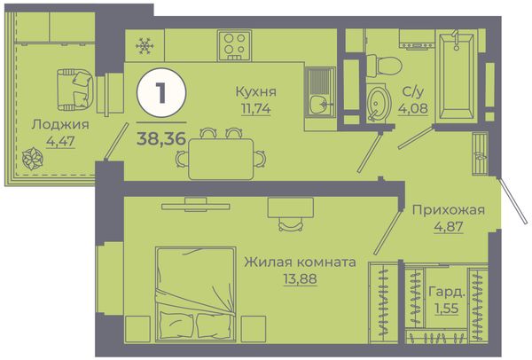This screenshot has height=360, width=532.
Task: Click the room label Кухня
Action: point(256,91)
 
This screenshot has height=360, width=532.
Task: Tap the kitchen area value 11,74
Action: point(256,108)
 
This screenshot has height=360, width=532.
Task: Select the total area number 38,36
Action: point(161,138)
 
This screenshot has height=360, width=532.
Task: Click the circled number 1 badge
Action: point(161,92)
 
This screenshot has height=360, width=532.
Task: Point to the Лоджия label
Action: point(60,124)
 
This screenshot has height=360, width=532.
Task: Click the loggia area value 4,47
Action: point(60,141)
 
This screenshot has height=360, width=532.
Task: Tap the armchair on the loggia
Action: point(75,90)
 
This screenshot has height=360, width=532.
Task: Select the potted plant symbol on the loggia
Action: point(33,159)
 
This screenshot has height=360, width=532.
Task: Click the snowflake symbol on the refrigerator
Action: point(145,45)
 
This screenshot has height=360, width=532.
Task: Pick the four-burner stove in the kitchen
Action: point(234,45)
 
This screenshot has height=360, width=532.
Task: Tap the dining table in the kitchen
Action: point(221,159)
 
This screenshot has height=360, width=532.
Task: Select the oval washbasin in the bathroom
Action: point(377,103)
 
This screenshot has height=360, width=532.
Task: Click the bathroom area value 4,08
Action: point(413,108)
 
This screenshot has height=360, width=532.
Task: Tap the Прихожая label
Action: point(449,210)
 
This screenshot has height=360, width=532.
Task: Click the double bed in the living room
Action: point(196,294)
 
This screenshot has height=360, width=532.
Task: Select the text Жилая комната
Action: point(301,262)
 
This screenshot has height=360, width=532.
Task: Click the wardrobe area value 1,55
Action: point(447,309)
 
